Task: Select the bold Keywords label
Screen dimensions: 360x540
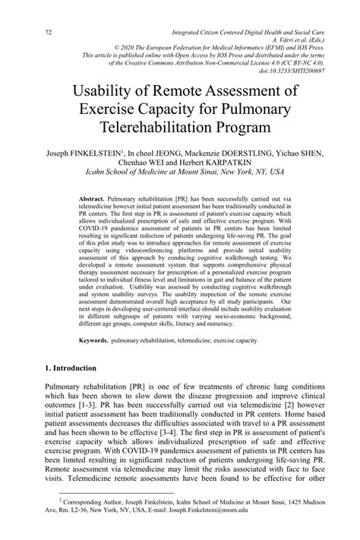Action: pyautogui.click(x=95, y=340)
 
